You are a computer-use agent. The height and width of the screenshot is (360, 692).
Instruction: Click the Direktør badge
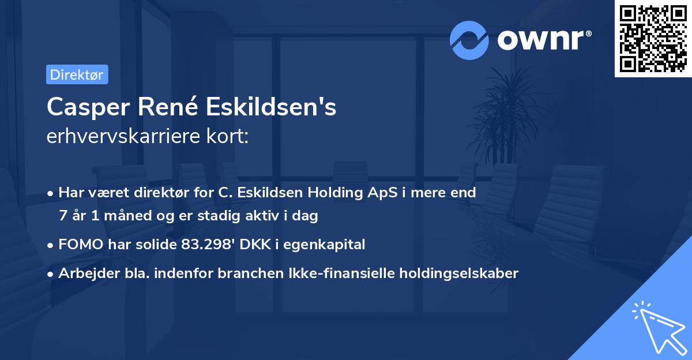(x=77, y=74)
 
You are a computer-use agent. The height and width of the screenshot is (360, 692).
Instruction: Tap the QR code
(x=653, y=38)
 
